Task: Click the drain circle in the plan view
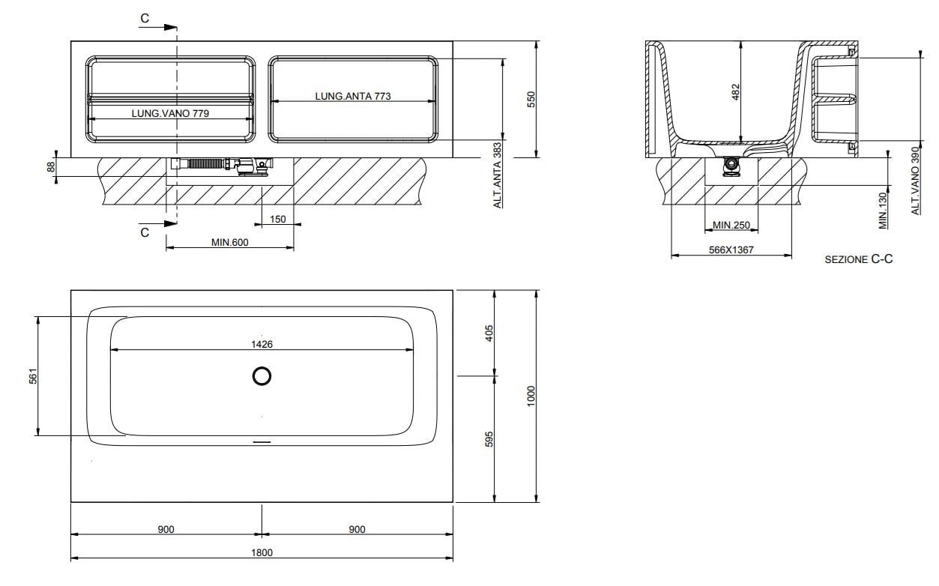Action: click(x=262, y=377)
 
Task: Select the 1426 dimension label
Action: click(x=262, y=344)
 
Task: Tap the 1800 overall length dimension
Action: click(x=262, y=552)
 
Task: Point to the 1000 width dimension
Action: click(x=531, y=396)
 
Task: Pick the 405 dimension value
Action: click(x=490, y=333)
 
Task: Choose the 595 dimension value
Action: click(x=490, y=440)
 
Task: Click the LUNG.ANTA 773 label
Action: click(x=353, y=96)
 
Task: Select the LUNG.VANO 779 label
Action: click(x=169, y=113)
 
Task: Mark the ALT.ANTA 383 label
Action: click(x=497, y=175)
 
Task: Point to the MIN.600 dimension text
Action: click(x=229, y=242)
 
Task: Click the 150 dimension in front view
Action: click(x=278, y=219)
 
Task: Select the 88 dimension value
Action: click(x=51, y=167)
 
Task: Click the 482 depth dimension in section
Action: click(x=735, y=91)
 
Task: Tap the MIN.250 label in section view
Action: click(x=731, y=225)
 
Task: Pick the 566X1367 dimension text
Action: click(x=731, y=250)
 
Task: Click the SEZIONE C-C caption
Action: click(x=859, y=259)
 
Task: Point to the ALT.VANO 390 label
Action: click(x=915, y=181)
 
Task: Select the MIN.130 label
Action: click(x=884, y=210)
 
